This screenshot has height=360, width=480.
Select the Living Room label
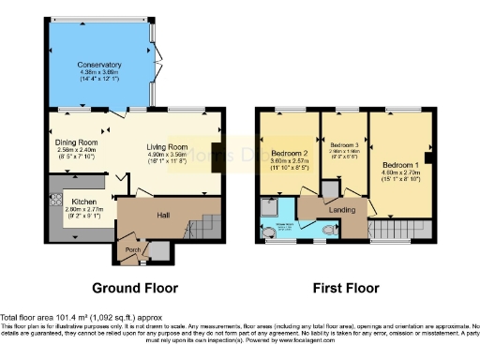(x=168, y=147)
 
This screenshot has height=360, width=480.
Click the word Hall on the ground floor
(x=162, y=215)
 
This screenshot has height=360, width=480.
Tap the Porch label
(x=133, y=250)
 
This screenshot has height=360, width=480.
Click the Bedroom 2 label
(x=290, y=153)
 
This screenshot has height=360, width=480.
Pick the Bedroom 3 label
(x=344, y=145)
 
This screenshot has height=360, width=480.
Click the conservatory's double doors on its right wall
(x=157, y=54)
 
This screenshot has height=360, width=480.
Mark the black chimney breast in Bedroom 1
(x=428, y=146)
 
